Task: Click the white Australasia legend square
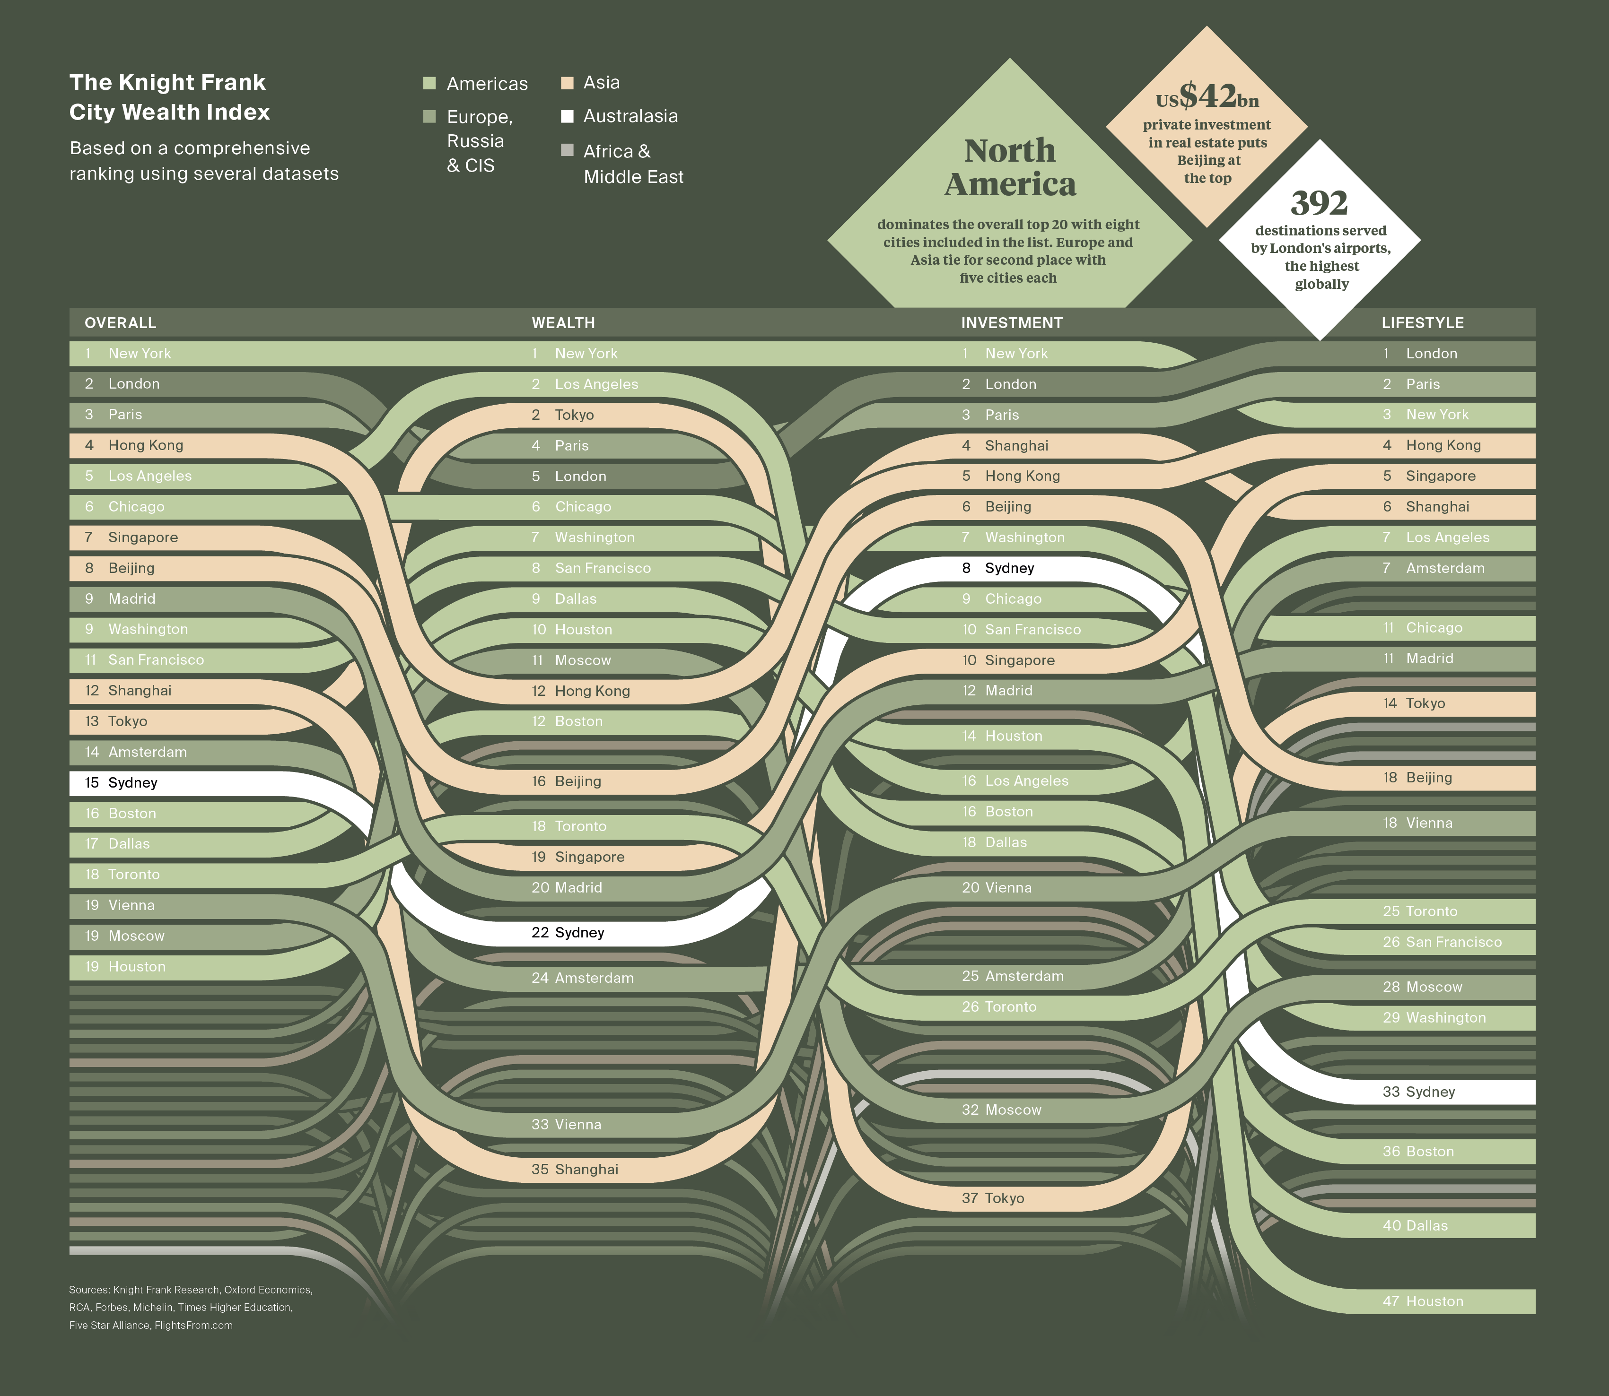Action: (567, 117)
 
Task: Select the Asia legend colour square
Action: (567, 83)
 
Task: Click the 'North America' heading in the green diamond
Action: (1010, 167)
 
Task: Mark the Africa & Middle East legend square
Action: (567, 150)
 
